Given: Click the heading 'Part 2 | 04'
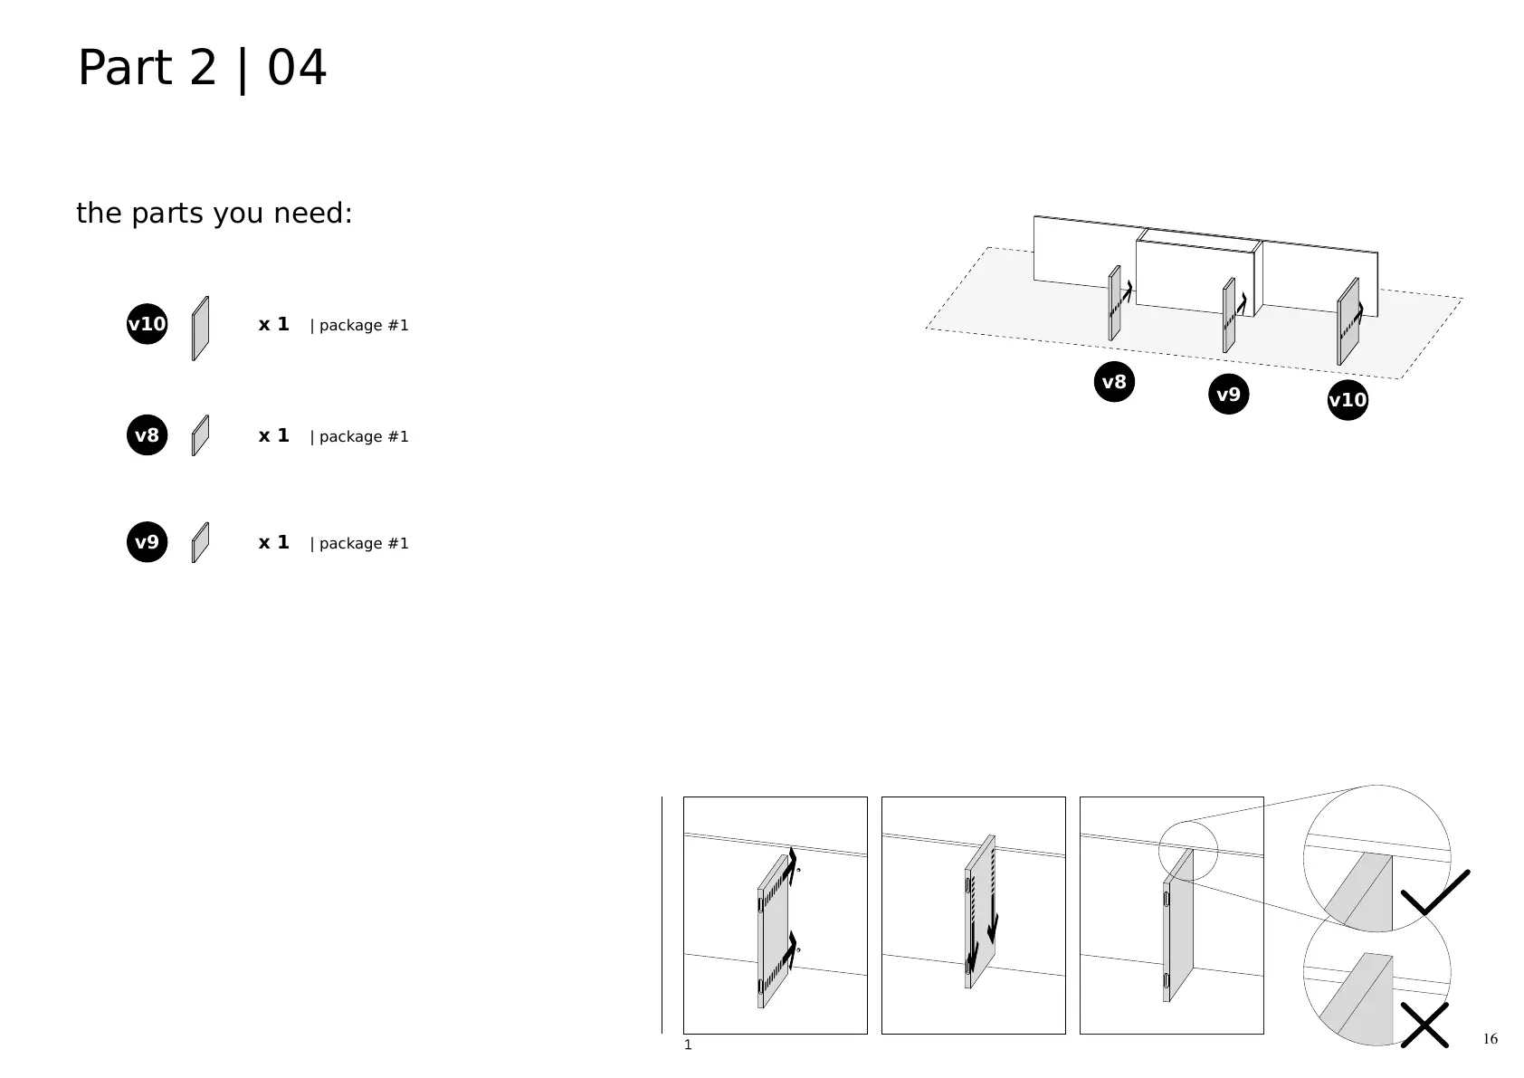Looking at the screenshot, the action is click(202, 68).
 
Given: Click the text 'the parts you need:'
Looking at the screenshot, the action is click(214, 214).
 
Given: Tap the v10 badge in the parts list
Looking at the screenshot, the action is click(147, 324).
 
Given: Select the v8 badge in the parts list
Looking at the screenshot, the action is click(147, 435).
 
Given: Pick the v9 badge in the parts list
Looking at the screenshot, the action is click(147, 542).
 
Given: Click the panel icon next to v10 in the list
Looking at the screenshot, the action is click(200, 329).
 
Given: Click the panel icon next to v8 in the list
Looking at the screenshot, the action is click(200, 435).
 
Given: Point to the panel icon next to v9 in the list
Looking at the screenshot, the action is click(200, 542).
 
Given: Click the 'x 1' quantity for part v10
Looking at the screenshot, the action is click(273, 324).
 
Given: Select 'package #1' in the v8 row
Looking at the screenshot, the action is click(359, 436).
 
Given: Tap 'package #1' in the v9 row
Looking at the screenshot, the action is click(359, 543).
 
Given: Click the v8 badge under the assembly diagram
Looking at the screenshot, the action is click(1114, 382).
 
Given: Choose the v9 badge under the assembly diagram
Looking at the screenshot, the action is click(1228, 395).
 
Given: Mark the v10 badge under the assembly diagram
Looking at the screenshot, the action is click(1348, 400).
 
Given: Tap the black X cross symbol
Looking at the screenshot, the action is click(1424, 1026).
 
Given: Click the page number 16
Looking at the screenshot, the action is click(1491, 1038).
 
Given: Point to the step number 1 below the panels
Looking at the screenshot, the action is click(688, 1045).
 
